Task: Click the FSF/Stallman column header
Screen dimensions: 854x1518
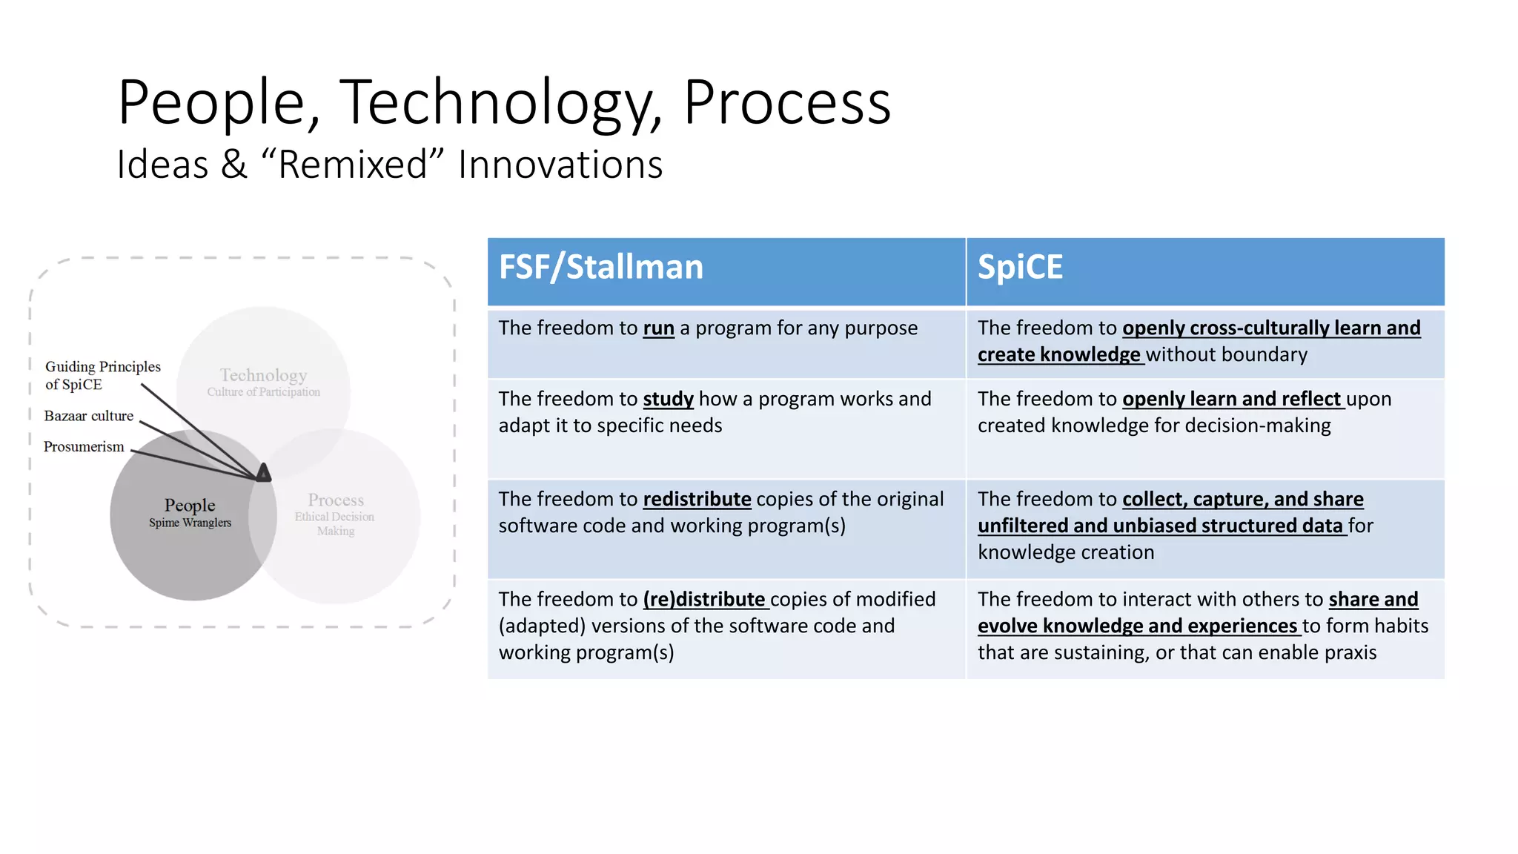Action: point(600,268)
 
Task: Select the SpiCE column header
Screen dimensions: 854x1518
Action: point(1020,268)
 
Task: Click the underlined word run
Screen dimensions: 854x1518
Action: point(658,328)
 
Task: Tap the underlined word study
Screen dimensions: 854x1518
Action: point(668,400)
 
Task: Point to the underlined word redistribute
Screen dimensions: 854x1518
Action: point(697,500)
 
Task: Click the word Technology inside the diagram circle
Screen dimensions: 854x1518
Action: point(263,375)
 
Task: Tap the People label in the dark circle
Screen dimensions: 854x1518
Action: point(190,506)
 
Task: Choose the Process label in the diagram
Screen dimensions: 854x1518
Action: point(336,500)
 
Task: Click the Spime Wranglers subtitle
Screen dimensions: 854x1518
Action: point(190,523)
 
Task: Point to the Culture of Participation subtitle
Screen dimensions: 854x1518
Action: point(263,392)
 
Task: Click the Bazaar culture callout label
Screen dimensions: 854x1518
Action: point(89,417)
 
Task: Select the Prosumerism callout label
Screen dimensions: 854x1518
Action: point(84,447)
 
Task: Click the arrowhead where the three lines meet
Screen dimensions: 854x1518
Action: point(263,473)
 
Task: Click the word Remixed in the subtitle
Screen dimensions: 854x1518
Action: point(352,165)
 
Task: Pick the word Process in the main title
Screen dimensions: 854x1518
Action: point(786,102)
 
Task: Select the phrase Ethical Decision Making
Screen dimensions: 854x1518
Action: point(335,524)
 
